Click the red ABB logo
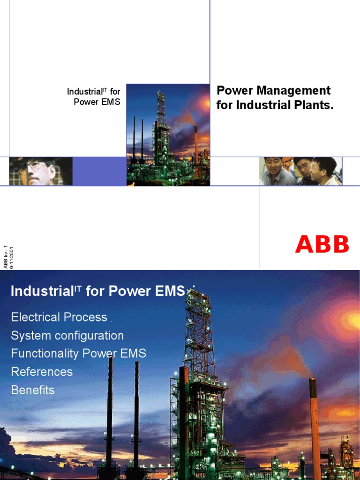322,244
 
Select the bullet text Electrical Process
59,317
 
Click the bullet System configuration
67,336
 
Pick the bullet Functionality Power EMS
79,353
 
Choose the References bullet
42,372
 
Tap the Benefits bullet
33,390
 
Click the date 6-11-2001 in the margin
11,257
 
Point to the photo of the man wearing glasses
40,171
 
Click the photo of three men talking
300,171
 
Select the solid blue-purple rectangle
99,171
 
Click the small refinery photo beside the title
168,135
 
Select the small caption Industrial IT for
93,92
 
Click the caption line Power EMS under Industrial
97,102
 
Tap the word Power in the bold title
235,90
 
